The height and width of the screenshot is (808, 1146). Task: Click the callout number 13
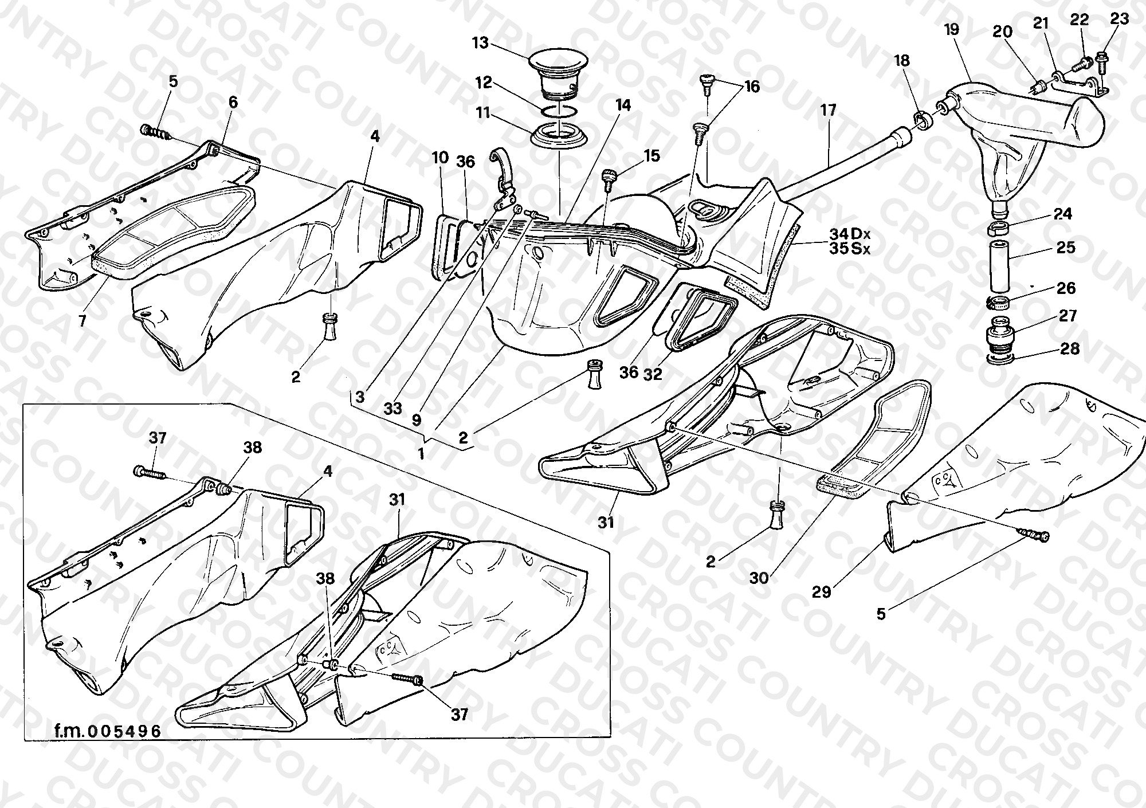(480, 43)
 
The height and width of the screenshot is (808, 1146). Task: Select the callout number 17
(829, 109)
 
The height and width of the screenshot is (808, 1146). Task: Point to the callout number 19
(952, 29)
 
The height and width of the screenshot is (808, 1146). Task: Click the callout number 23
(1119, 18)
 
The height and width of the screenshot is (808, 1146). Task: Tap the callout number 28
(1070, 348)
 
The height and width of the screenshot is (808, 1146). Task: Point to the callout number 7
(83, 320)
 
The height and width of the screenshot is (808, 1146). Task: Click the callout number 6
(233, 102)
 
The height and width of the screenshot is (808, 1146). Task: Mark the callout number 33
(393, 409)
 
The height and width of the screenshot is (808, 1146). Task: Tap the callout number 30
(759, 578)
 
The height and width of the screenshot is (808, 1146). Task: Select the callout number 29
(822, 592)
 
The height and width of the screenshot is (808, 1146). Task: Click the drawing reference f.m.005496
(108, 731)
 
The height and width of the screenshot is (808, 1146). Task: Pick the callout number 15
(652, 155)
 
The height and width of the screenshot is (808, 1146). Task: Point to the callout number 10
(440, 158)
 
